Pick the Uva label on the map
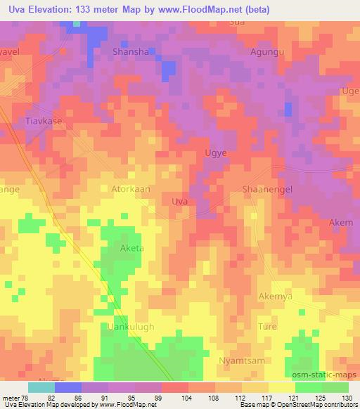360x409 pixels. point(179,201)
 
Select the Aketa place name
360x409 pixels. point(129,249)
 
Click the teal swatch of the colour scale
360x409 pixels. point(41,387)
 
